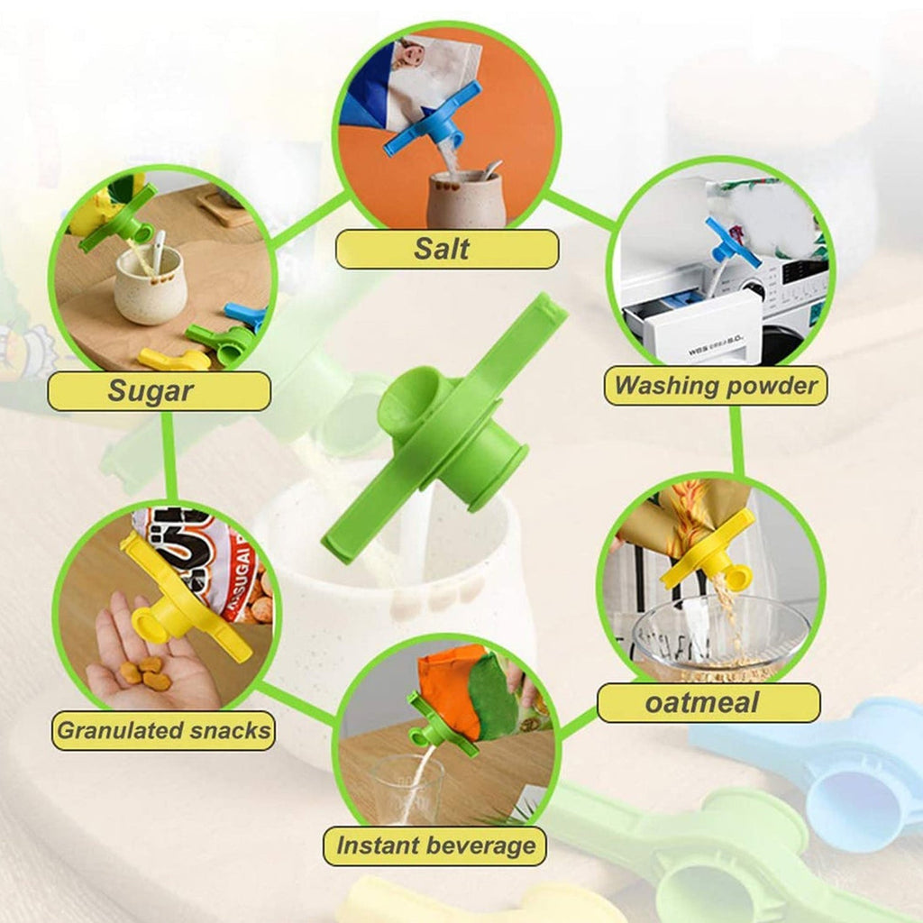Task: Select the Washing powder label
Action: [716, 386]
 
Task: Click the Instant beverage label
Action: [435, 845]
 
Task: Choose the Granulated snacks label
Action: [164, 730]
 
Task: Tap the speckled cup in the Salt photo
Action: [466, 199]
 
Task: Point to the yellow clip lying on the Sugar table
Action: [174, 359]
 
